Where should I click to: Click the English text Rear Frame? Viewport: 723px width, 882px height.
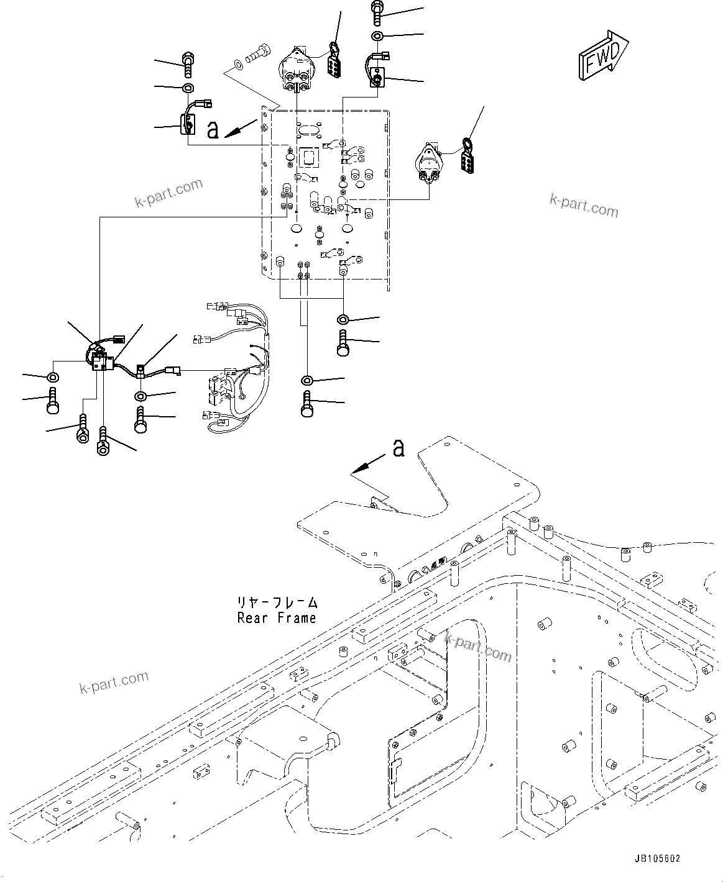pyautogui.click(x=276, y=618)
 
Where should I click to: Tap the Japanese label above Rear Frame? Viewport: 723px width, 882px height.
pyautogui.click(x=276, y=602)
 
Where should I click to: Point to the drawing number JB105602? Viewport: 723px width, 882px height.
pyautogui.click(x=657, y=859)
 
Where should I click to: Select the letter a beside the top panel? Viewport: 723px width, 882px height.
pyautogui.click(x=213, y=129)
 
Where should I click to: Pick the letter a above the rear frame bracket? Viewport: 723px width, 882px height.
pyautogui.click(x=398, y=448)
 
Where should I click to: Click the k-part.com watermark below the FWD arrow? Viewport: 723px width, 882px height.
pyautogui.click(x=584, y=205)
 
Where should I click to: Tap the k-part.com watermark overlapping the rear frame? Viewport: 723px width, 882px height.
pyautogui.click(x=477, y=647)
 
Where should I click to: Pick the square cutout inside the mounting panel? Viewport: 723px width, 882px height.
pyautogui.click(x=309, y=157)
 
